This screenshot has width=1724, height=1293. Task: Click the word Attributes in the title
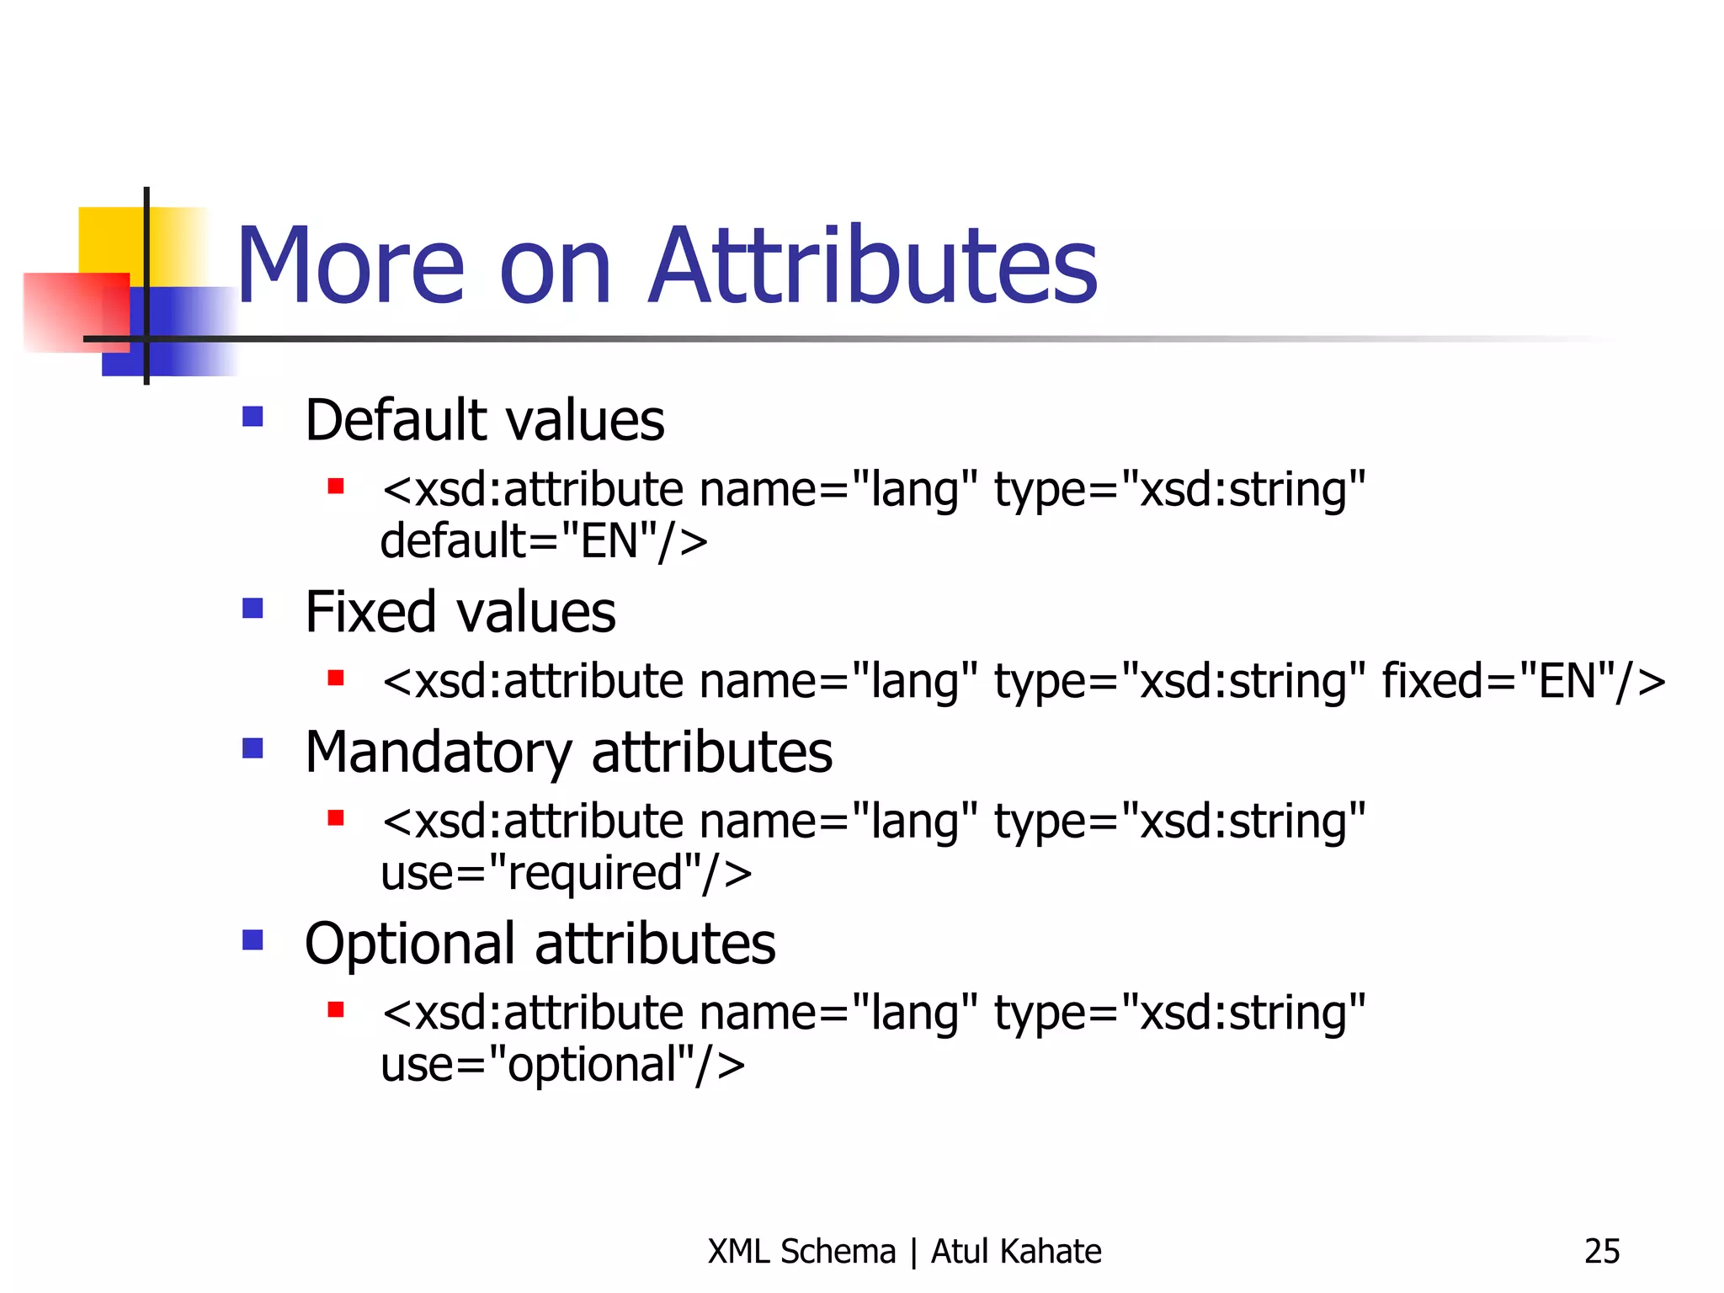tap(873, 266)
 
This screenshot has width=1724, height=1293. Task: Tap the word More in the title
tap(349, 266)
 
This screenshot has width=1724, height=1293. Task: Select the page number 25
tap(1601, 1252)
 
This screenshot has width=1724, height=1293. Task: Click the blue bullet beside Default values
tap(253, 417)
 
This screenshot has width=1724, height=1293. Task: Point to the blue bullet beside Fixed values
tap(253, 608)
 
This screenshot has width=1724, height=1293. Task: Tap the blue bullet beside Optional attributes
tap(253, 939)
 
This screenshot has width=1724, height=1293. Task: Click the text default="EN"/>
tap(544, 540)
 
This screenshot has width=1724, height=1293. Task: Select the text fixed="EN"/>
tap(1523, 681)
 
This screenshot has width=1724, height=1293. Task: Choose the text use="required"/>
tap(566, 873)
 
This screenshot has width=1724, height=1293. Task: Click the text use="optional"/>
tap(562, 1064)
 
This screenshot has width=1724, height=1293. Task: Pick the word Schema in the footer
tap(838, 1252)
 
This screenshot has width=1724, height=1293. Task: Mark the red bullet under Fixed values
tap(336, 678)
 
